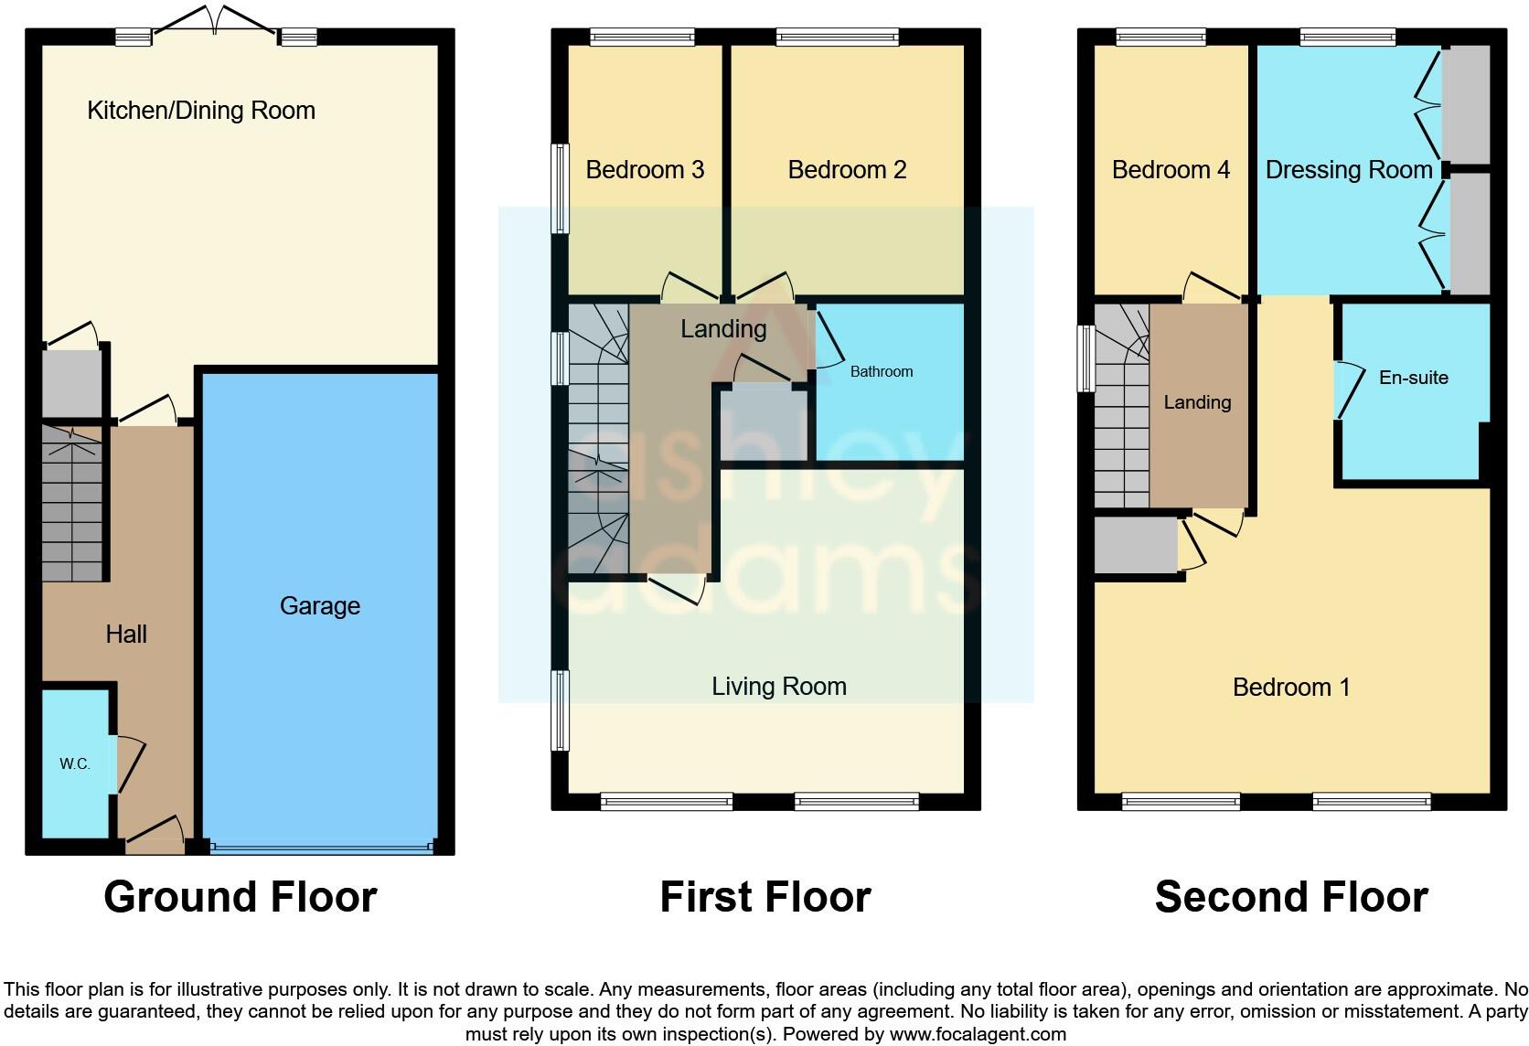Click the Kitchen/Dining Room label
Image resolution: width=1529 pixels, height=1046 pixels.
click(x=201, y=111)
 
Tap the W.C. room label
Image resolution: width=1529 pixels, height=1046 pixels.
click(x=75, y=763)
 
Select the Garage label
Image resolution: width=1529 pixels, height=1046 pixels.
click(x=320, y=605)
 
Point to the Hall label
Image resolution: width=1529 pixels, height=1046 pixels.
click(x=126, y=634)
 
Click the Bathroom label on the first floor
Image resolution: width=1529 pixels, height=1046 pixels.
click(x=882, y=371)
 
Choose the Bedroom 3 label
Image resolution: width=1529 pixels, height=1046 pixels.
click(x=645, y=169)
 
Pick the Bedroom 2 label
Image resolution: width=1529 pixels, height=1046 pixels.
click(x=847, y=169)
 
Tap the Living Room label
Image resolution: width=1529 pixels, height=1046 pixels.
click(x=779, y=686)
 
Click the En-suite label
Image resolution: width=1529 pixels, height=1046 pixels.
click(x=1413, y=377)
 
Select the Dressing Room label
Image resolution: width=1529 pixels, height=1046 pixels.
click(x=1348, y=169)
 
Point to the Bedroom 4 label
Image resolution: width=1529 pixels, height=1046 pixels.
click(x=1171, y=169)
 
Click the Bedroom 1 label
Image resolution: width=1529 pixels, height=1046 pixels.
click(x=1291, y=687)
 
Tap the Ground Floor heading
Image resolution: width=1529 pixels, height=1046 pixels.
click(x=241, y=896)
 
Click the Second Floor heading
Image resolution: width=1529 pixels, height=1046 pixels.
click(x=1291, y=896)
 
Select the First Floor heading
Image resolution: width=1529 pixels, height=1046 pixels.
click(x=765, y=896)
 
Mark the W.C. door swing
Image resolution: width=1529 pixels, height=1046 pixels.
click(x=129, y=763)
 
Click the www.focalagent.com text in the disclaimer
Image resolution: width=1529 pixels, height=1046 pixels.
click(x=978, y=1034)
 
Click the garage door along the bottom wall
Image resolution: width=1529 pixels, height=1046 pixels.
click(x=321, y=848)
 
